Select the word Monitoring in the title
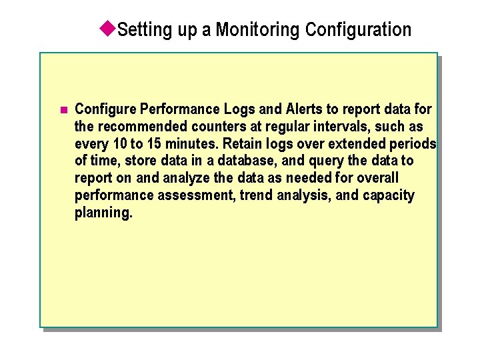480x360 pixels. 258,30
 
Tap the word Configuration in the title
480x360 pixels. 358,30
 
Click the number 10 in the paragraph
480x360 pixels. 119,143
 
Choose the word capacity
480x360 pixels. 390,196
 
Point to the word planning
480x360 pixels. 103,213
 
